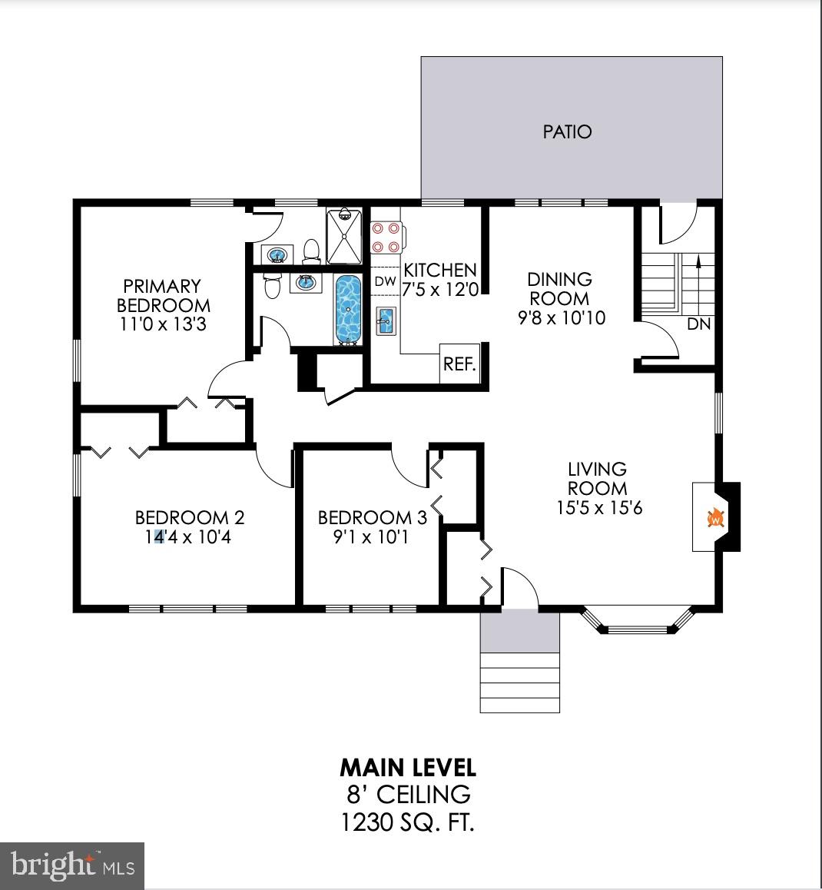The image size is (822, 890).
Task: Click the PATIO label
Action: pyautogui.click(x=567, y=131)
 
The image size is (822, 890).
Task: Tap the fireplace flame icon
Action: pyautogui.click(x=715, y=517)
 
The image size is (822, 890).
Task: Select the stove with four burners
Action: pyautogui.click(x=386, y=237)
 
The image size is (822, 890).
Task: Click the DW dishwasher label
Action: pyautogui.click(x=385, y=281)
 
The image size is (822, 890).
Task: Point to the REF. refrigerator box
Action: pyautogui.click(x=459, y=364)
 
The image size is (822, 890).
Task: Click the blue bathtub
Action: pyautogui.click(x=348, y=309)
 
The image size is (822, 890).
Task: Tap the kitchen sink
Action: pyautogui.click(x=386, y=320)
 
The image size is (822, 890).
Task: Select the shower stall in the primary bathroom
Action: pyautogui.click(x=343, y=236)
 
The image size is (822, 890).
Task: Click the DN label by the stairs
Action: pyautogui.click(x=698, y=324)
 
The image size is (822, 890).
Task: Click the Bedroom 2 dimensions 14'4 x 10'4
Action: pyautogui.click(x=182, y=536)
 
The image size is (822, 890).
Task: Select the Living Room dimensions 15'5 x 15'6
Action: pyautogui.click(x=598, y=507)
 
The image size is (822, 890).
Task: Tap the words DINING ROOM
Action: pyautogui.click(x=560, y=289)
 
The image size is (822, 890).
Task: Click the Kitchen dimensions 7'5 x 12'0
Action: pyautogui.click(x=439, y=289)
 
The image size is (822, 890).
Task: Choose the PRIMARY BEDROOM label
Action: pyautogui.click(x=162, y=296)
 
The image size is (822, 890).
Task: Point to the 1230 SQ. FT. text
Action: pyautogui.click(x=407, y=823)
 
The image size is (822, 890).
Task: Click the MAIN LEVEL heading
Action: pyautogui.click(x=408, y=767)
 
